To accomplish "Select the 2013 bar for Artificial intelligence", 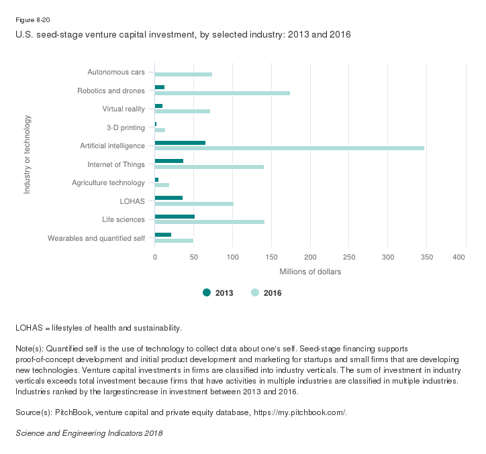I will coord(180,143).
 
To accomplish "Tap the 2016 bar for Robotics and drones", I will coord(222,93).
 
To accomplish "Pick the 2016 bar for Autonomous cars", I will coord(183,74).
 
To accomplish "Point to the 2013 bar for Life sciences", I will coord(175,216).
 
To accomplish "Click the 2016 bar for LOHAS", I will coord(194,203).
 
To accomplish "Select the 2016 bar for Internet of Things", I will coord(209,166).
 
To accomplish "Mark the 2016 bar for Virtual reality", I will coord(183,111).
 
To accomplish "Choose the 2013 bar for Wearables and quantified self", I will coord(163,235).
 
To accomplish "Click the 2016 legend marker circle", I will coord(255,292).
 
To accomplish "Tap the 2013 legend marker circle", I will coord(207,292).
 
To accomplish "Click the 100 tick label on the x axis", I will coord(232,257).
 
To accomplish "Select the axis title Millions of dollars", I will coord(310,272).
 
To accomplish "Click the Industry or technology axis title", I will coord(28,155).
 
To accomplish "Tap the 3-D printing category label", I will coord(126,127).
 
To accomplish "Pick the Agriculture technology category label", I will coord(108,182).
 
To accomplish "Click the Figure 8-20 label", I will coord(32,21).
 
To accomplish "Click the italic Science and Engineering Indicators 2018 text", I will coord(89,433).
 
